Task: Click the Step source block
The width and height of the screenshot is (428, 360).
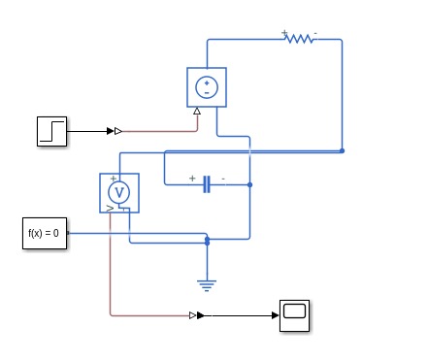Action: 51,130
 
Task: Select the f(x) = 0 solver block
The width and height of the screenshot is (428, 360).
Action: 46,234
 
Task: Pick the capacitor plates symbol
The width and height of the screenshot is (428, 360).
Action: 207,184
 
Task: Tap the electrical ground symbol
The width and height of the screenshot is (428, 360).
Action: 207,284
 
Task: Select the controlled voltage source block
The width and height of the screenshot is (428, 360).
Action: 207,86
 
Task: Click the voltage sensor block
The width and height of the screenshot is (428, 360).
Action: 120,192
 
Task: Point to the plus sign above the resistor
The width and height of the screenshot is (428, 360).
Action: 284,32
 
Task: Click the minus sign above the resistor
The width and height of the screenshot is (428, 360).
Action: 314,32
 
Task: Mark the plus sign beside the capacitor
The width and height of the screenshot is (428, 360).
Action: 192,179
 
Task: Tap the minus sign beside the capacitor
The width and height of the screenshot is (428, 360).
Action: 223,179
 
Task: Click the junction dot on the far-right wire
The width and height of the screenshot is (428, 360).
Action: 342,150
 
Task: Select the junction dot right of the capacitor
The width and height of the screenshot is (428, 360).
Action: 250,184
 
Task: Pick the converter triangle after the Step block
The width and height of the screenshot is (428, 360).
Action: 118,130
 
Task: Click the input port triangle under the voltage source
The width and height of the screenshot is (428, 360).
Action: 197,111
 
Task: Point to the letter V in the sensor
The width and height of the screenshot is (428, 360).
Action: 120,191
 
